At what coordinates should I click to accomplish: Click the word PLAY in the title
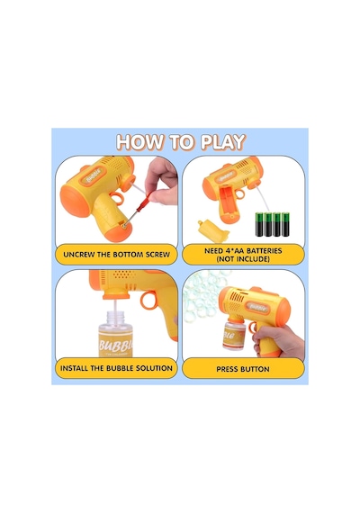click(x=223, y=142)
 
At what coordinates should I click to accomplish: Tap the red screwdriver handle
click(x=143, y=203)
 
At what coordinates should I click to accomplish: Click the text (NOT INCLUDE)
click(x=243, y=259)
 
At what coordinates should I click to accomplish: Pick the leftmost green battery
click(x=259, y=224)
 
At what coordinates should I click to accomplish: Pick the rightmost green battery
click(x=286, y=224)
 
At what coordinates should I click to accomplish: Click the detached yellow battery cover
click(x=212, y=231)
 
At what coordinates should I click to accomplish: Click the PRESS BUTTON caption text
click(x=243, y=369)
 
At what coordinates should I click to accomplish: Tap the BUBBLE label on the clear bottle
click(x=116, y=346)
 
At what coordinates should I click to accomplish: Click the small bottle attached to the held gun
click(x=234, y=335)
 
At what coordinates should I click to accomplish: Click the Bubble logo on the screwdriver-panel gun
click(x=94, y=176)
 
